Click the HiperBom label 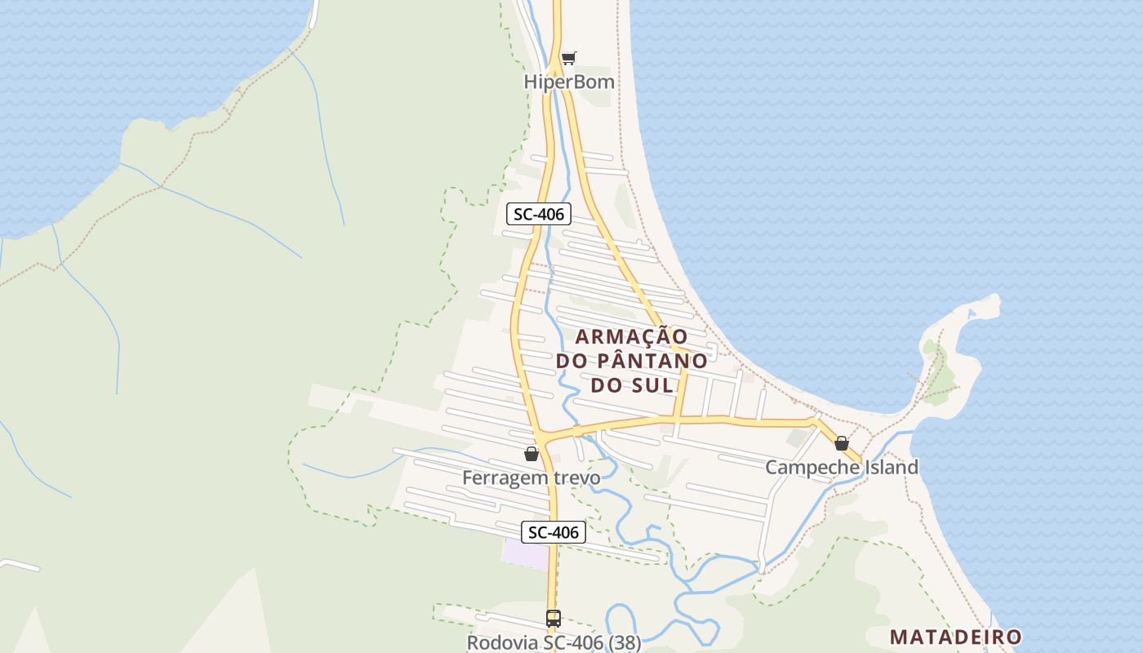(x=570, y=82)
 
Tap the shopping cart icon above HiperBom (x=569, y=57)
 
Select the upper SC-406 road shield (x=538, y=215)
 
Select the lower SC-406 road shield (x=554, y=532)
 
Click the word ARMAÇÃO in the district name (x=631, y=336)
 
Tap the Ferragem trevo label (x=531, y=478)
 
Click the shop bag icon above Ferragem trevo (x=531, y=454)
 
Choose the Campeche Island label (x=841, y=468)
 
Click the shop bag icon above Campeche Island (x=842, y=443)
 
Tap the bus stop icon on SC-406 (x=554, y=619)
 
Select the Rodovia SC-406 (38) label (x=554, y=642)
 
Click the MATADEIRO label (x=955, y=637)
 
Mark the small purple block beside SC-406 (x=525, y=554)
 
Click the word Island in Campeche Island (x=891, y=468)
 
